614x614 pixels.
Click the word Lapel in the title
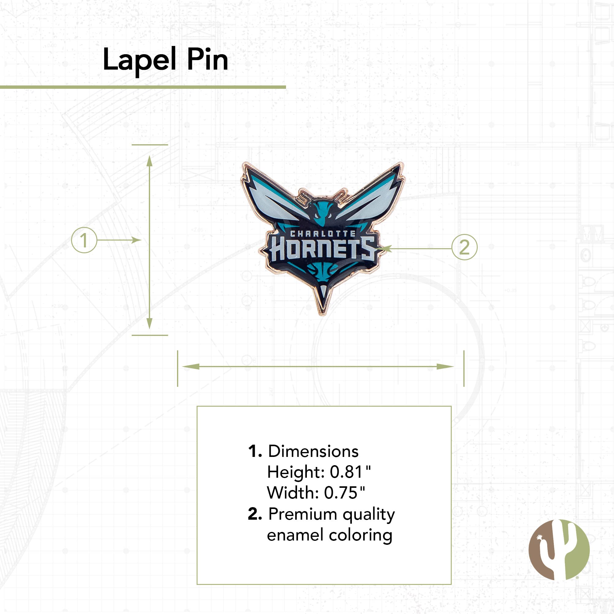tap(139, 59)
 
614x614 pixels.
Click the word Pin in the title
tap(207, 59)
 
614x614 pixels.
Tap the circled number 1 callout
tap(84, 240)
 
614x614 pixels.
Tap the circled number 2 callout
tap(464, 247)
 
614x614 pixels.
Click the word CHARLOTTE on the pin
tap(323, 234)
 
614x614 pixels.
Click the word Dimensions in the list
tap(313, 451)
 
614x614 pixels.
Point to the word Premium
tap(303, 514)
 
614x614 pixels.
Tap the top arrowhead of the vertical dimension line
tap(150, 160)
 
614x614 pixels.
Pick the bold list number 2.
tap(254, 514)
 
